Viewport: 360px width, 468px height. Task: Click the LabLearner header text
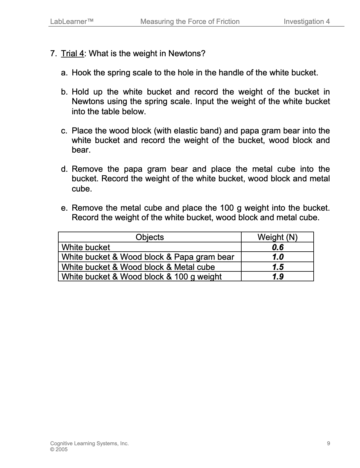pyautogui.click(x=72, y=22)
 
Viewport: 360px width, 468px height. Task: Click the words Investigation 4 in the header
pyautogui.click(x=306, y=22)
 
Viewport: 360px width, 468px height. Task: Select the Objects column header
pyautogui.click(x=150, y=237)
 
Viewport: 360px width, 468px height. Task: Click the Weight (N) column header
pyautogui.click(x=277, y=237)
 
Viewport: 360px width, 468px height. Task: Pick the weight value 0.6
pyautogui.click(x=277, y=247)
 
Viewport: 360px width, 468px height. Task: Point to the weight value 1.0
pyautogui.click(x=277, y=257)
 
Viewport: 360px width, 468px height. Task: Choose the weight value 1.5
pyautogui.click(x=277, y=267)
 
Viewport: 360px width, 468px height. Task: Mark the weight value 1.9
pyautogui.click(x=277, y=276)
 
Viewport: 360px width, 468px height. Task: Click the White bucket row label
pyautogui.click(x=86, y=247)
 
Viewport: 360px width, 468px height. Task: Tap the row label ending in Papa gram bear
pyautogui.click(x=148, y=257)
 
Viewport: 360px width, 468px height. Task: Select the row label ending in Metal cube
pyautogui.click(x=138, y=267)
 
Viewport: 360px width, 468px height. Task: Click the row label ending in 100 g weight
pyautogui.click(x=141, y=276)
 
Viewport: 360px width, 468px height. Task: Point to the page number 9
pyautogui.click(x=329, y=443)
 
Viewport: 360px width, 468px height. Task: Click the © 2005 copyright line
pyautogui.click(x=59, y=449)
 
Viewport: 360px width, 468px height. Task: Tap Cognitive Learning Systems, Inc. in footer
pyautogui.click(x=89, y=443)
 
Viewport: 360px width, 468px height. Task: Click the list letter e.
pyautogui.click(x=64, y=208)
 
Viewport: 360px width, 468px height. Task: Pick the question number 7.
pyautogui.click(x=53, y=54)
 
